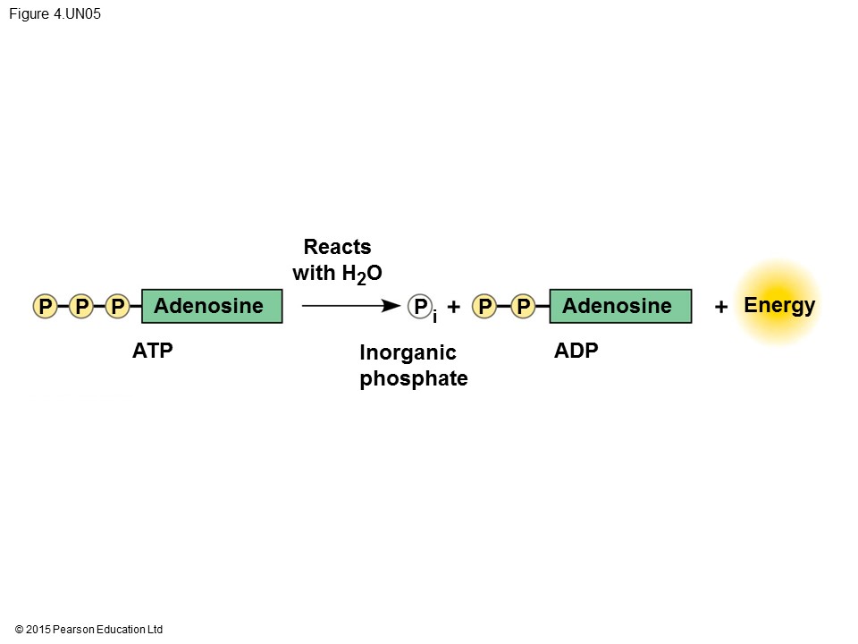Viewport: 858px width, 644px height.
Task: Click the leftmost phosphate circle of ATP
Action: tap(44, 307)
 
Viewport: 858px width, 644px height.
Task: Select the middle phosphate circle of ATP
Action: tap(81, 307)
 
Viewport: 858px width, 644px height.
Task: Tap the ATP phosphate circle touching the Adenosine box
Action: tap(117, 307)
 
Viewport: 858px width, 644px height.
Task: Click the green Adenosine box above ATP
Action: tap(212, 306)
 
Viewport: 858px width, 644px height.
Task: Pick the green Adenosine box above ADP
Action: tap(619, 306)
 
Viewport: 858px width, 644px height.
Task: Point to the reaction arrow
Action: tap(350, 306)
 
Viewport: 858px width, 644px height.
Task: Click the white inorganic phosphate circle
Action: tap(420, 307)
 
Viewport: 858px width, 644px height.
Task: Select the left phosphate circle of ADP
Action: tap(484, 307)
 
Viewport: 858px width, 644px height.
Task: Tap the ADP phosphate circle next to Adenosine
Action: tap(524, 307)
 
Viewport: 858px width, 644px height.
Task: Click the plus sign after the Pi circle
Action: tap(454, 307)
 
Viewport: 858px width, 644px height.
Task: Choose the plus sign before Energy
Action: tap(721, 307)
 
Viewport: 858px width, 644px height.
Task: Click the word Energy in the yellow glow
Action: tap(779, 306)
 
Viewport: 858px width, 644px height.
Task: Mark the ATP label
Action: tap(152, 351)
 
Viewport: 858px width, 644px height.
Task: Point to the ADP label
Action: tap(576, 351)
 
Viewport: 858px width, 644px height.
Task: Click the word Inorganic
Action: tap(408, 353)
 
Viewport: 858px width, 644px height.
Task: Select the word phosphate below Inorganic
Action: tap(413, 378)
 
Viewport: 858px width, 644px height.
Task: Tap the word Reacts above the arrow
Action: tap(337, 247)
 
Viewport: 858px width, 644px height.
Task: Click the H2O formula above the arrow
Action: tap(362, 274)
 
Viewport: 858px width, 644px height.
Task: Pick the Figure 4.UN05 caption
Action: tap(55, 14)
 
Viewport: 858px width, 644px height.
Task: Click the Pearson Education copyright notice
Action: tap(89, 630)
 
